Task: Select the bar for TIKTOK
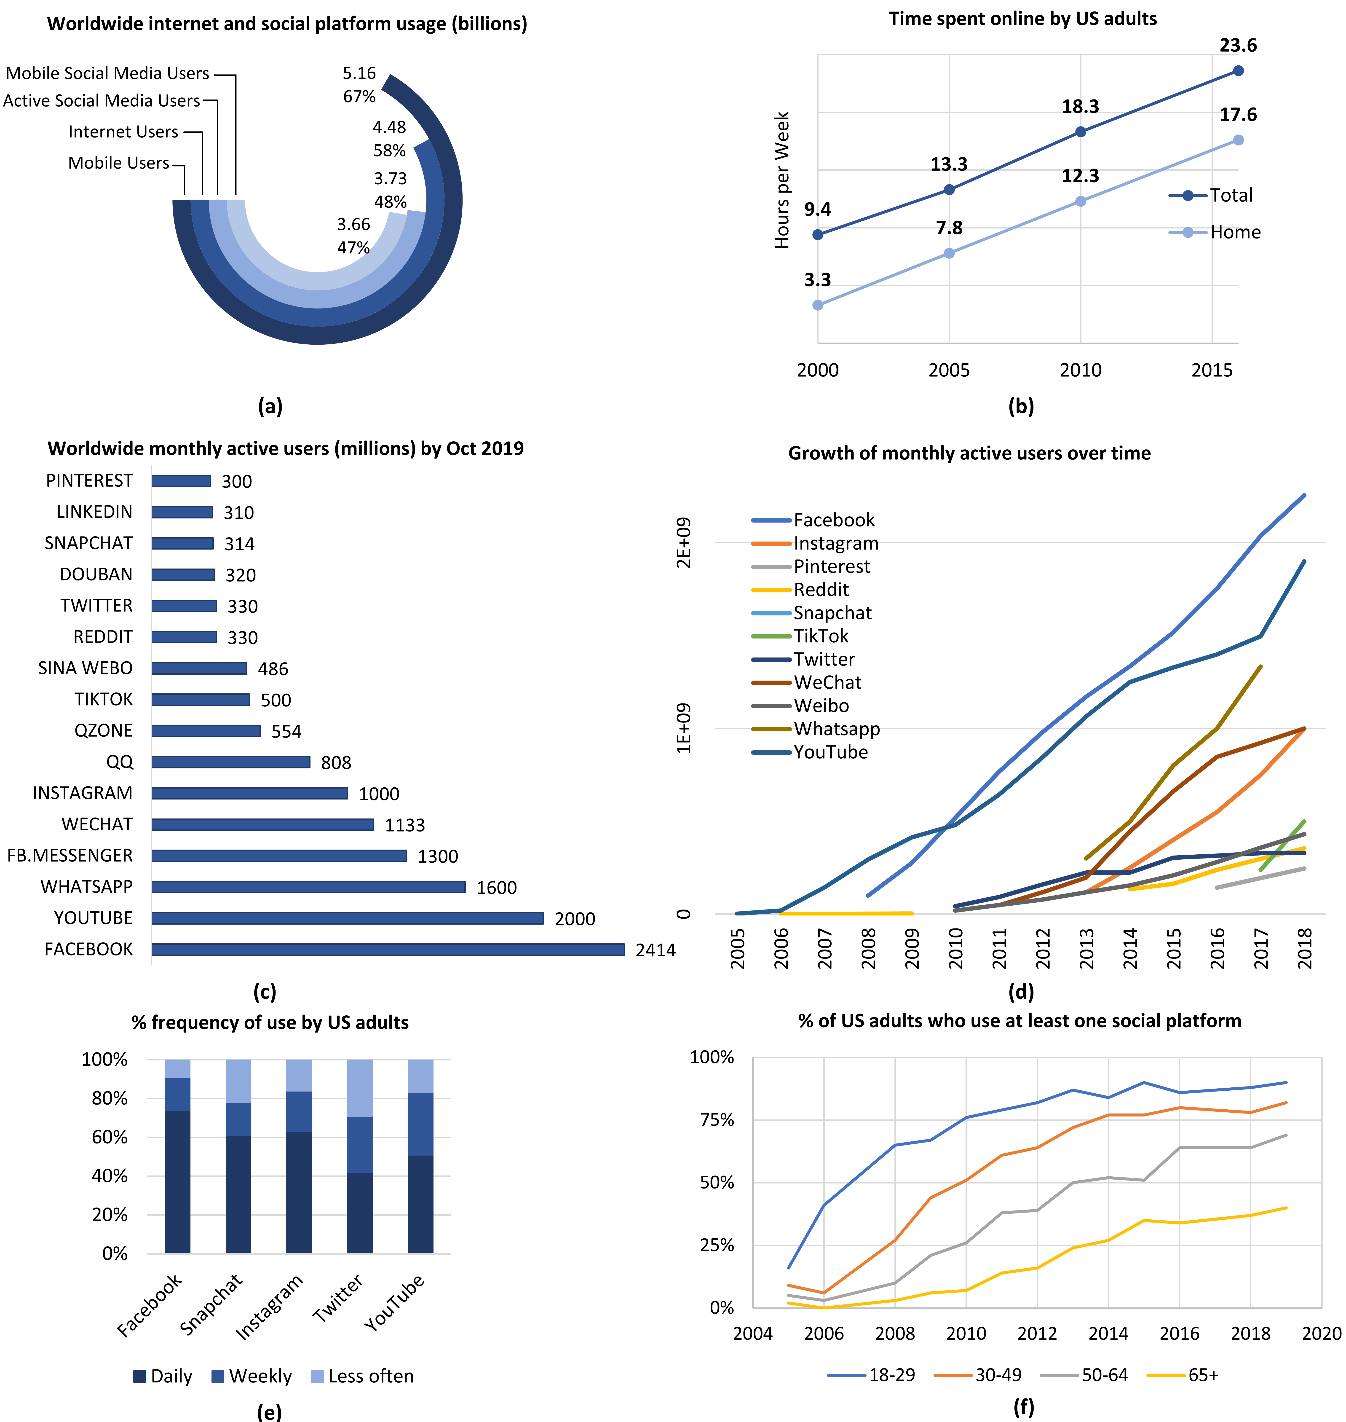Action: (x=201, y=700)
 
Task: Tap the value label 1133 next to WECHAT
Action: (x=405, y=825)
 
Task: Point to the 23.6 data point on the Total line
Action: (x=1238, y=70)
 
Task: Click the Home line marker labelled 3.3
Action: (x=818, y=305)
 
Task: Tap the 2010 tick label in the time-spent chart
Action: (x=1081, y=370)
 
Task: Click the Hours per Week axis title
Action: (x=782, y=179)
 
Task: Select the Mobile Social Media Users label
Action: (x=108, y=73)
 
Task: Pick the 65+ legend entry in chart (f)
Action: (x=1202, y=1375)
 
